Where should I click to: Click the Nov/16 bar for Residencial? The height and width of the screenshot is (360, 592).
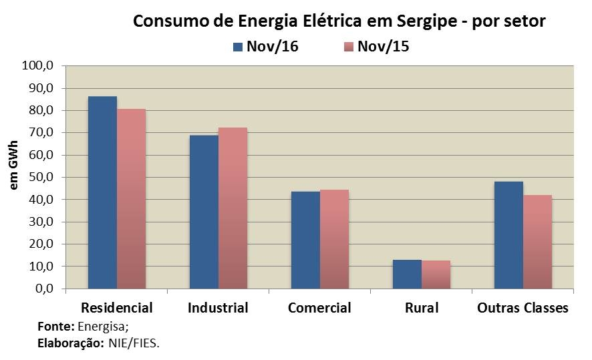tap(102, 193)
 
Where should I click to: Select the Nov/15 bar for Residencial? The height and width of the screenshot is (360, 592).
tap(131, 199)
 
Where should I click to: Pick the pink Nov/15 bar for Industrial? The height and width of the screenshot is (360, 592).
tap(233, 208)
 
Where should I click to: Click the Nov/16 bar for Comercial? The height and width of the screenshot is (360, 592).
tap(305, 240)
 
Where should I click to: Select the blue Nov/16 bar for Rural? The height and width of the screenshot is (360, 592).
tap(407, 275)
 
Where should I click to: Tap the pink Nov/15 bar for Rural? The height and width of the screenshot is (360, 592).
tap(436, 275)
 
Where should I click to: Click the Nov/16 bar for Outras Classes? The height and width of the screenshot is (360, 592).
tap(508, 235)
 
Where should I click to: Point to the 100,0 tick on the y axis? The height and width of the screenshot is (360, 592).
tap(37, 66)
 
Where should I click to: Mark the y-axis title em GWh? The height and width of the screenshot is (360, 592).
tap(14, 175)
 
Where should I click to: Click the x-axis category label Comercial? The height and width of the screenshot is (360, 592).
tap(319, 308)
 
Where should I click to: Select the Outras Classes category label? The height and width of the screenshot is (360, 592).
tap(523, 308)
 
